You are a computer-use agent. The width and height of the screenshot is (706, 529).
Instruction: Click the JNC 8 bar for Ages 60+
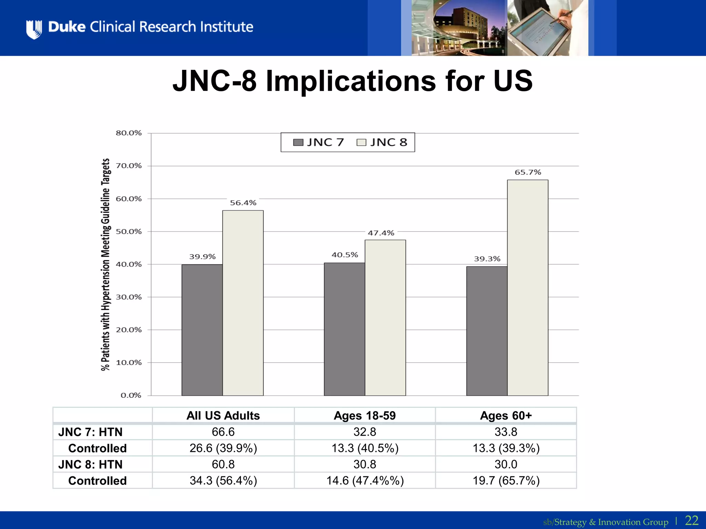[x=527, y=288]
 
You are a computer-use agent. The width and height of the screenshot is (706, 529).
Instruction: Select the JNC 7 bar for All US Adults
[x=202, y=330]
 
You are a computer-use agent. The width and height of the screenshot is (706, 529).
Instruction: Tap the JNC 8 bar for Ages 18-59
[x=385, y=318]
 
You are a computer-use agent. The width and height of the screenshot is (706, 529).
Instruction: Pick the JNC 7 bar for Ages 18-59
[x=344, y=329]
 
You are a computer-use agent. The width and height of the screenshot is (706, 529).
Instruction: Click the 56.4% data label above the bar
[x=243, y=203]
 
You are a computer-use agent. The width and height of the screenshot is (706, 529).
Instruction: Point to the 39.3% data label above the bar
[x=487, y=259]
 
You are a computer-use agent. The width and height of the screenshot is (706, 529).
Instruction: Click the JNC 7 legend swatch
[x=298, y=143]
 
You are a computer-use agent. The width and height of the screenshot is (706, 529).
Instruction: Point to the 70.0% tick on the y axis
[x=129, y=166]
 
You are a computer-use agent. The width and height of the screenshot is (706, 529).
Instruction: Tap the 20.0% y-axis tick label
[x=129, y=330]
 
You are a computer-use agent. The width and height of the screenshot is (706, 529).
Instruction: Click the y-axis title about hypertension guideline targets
[x=105, y=264]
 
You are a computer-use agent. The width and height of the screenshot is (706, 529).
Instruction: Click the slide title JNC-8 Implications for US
[x=352, y=81]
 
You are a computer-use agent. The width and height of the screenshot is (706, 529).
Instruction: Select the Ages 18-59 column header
[x=365, y=415]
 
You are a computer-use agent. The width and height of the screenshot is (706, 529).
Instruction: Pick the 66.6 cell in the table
[x=223, y=432]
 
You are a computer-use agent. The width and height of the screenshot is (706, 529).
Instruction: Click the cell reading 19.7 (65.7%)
[x=506, y=480]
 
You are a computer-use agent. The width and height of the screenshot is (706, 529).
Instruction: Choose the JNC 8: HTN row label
[x=90, y=464]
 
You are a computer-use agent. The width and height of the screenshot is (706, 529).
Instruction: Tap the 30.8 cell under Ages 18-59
[x=365, y=464]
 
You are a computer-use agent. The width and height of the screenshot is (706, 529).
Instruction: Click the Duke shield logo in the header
[x=34, y=29]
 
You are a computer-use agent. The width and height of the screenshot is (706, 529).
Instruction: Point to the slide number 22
[x=692, y=520]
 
